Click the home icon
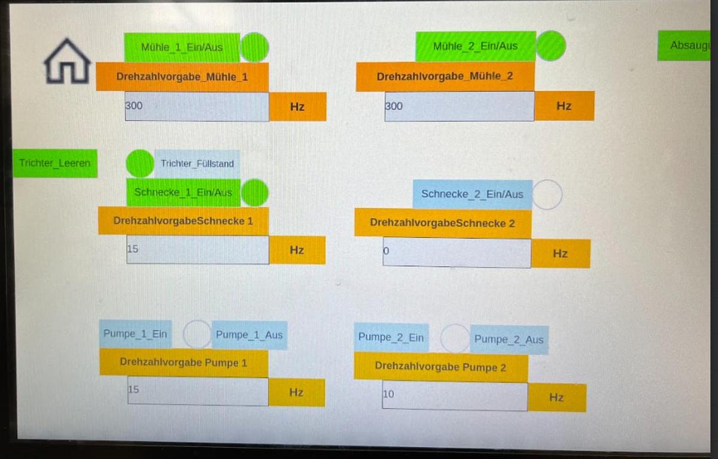click(x=67, y=61)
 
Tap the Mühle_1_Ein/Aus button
click(x=182, y=47)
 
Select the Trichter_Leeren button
click(x=55, y=163)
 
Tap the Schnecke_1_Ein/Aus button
click(x=183, y=192)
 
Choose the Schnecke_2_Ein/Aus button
click(x=472, y=194)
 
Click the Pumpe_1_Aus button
click(x=249, y=335)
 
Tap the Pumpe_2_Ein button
click(x=391, y=338)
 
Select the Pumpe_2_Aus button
click(x=509, y=340)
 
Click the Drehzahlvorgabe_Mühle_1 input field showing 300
click(x=197, y=107)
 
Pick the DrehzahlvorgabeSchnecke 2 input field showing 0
click(x=457, y=253)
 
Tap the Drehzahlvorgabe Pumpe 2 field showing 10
click(x=454, y=396)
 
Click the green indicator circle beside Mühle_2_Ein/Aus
click(x=550, y=46)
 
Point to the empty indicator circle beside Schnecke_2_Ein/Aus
click(x=547, y=195)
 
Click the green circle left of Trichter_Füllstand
click(x=140, y=163)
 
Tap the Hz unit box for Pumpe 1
click(x=296, y=392)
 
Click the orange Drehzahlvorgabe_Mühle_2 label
click(x=445, y=77)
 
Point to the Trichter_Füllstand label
click(x=197, y=163)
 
